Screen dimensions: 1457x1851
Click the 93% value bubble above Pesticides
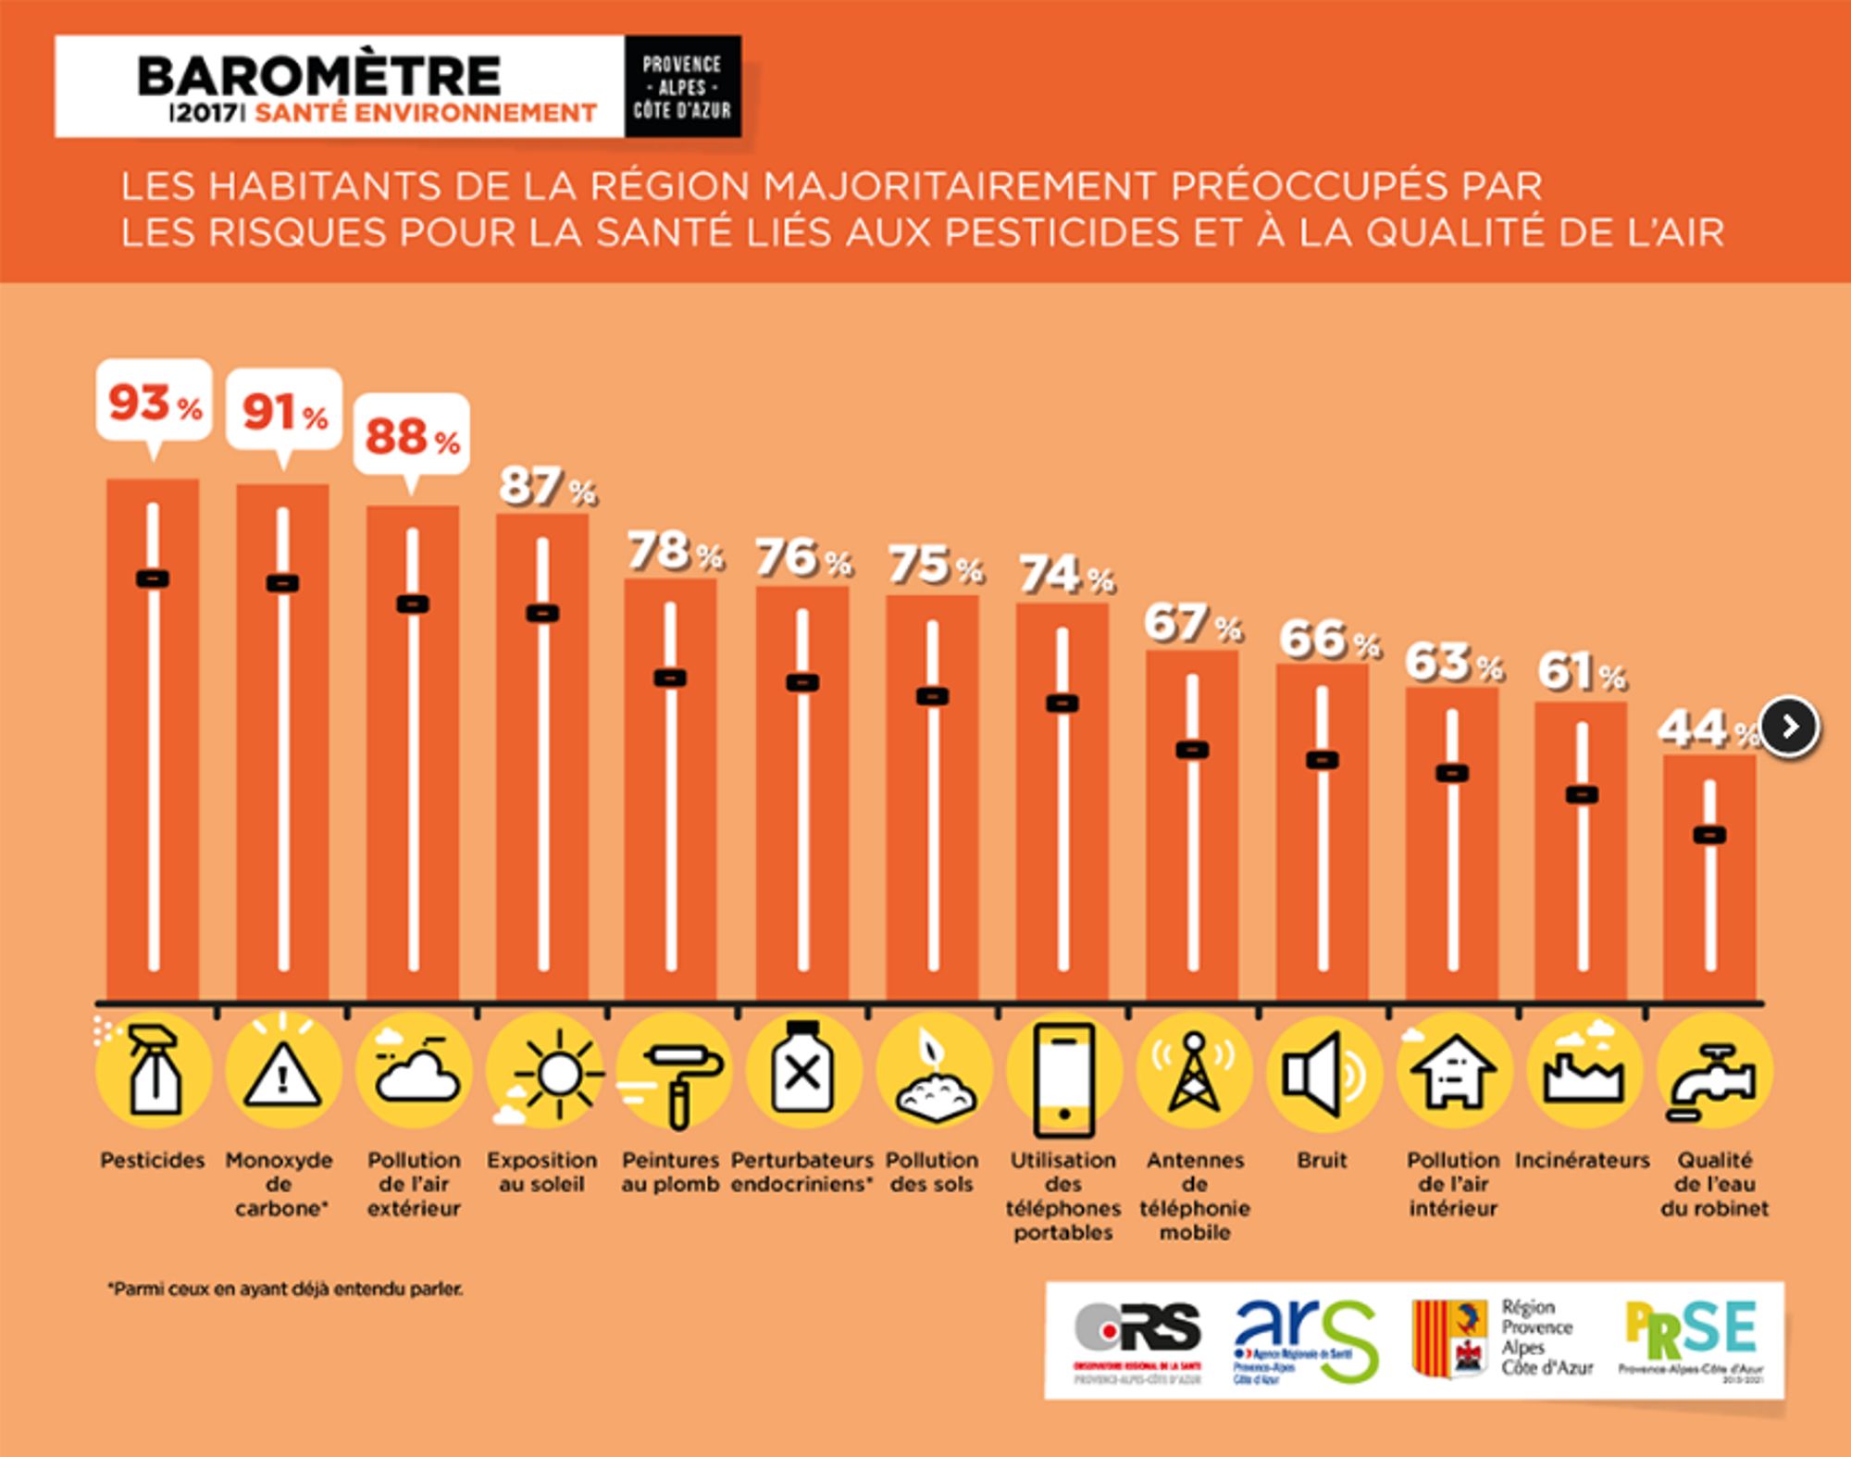point(154,402)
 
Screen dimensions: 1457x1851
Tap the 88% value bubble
point(412,435)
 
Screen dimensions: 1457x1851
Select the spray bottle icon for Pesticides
point(154,1071)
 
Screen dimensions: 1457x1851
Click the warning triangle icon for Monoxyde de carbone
point(283,1072)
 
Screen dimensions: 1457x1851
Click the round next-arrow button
point(1790,728)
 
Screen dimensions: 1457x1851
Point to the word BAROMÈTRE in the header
point(319,76)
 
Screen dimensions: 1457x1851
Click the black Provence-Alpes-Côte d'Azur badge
point(682,87)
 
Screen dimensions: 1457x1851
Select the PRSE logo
point(1691,1338)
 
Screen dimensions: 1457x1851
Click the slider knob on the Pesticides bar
point(153,579)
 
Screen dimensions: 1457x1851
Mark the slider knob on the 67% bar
point(1192,750)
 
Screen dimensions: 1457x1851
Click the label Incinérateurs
point(1582,1160)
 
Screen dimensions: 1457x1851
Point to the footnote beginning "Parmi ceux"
point(285,1289)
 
